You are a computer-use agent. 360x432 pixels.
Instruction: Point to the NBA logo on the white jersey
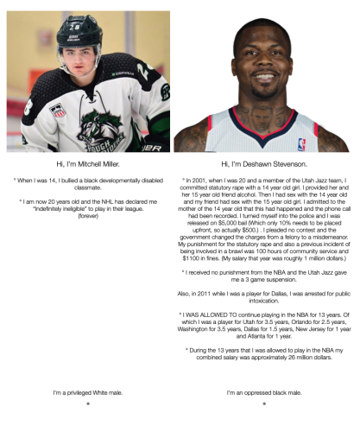[301, 140]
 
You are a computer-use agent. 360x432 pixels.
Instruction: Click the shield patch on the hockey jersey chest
[60, 110]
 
